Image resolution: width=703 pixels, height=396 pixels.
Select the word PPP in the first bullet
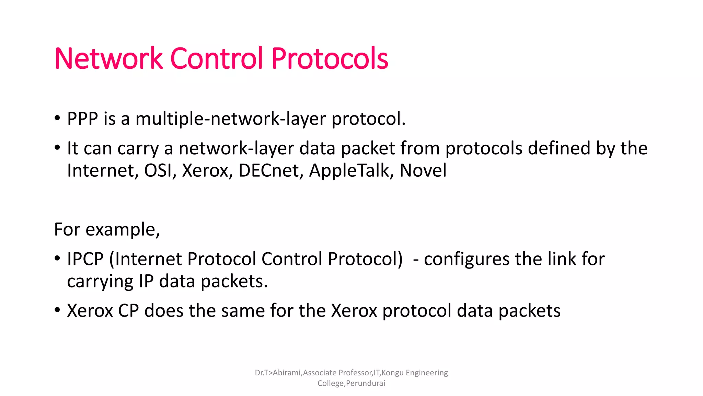tap(82, 119)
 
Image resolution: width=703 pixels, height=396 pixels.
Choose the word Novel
tap(423, 170)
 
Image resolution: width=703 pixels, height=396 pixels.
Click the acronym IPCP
tap(85, 259)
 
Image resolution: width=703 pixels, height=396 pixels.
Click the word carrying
tap(100, 282)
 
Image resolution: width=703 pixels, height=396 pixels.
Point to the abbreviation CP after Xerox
tap(128, 311)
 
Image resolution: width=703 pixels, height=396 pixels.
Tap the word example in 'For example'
tap(123, 230)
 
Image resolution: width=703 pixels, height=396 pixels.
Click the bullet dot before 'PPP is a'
tap(57, 119)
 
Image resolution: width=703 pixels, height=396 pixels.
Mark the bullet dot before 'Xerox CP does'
tap(57, 310)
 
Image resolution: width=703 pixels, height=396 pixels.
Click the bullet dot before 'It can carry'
tap(57, 148)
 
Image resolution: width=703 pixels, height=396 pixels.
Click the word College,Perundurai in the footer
tap(351, 383)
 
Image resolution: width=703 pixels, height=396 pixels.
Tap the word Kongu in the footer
tap(392, 373)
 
